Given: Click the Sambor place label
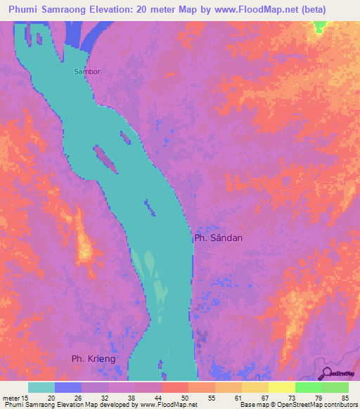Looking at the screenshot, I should pos(88,72).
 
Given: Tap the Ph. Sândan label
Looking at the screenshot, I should pos(218,238).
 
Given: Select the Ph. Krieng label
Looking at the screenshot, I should pos(93,359).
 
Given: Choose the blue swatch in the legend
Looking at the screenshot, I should pos(67,387).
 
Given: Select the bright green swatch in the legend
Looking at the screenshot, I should pos(308,387).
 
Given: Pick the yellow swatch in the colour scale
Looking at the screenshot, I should pos(281,387).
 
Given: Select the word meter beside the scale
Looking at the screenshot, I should pos(12,397).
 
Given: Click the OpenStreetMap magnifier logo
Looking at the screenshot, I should pos(328,372).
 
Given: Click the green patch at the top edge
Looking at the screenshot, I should pos(320,27).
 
